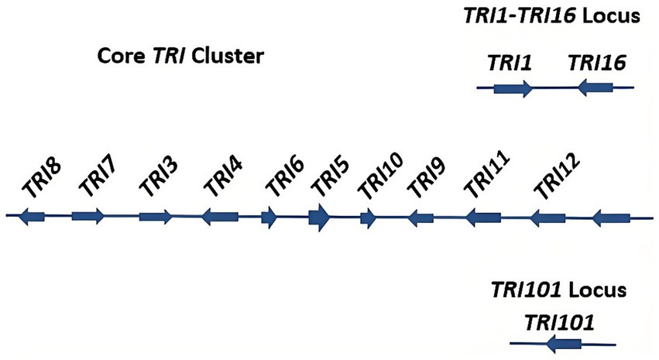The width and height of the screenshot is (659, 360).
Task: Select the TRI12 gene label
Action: (x=554, y=184)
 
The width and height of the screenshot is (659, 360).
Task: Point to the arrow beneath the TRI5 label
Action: (x=319, y=218)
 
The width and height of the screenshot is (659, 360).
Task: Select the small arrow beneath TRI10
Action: (x=369, y=218)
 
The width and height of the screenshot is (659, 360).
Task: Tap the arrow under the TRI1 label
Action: (x=513, y=89)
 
